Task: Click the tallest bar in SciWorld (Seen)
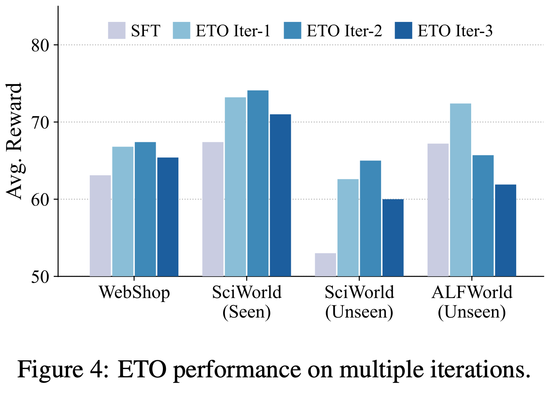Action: pos(258,183)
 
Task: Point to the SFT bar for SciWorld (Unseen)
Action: pos(325,265)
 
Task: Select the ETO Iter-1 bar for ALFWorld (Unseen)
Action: pos(461,190)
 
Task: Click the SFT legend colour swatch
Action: pos(117,31)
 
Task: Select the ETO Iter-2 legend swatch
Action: pos(292,31)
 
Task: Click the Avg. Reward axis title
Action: pos(15,141)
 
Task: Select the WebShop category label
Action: pos(134,293)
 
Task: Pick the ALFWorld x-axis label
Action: pos(472,293)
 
